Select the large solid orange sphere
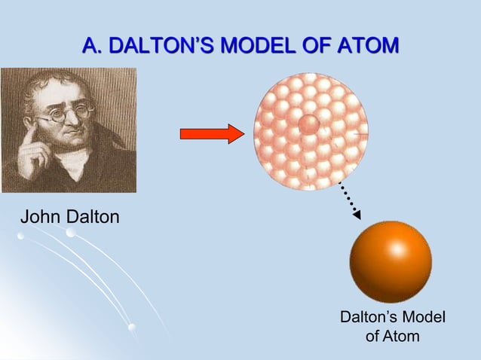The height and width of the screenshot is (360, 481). click(390, 261)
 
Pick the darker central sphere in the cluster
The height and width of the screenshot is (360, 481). click(309, 124)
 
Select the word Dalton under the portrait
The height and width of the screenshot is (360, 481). click(93, 218)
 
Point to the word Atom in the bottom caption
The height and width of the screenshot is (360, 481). click(402, 336)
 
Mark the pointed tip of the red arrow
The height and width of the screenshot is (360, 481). click(242, 134)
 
